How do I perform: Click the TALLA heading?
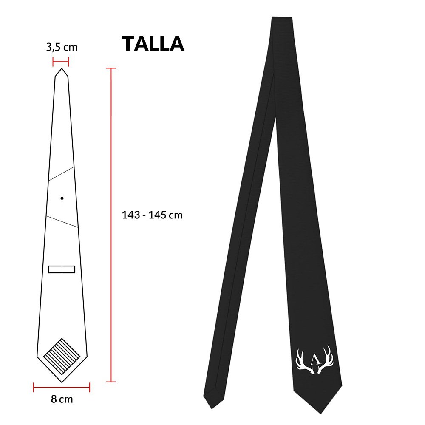[153, 43]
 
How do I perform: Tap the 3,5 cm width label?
[62, 47]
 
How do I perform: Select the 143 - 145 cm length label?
[152, 215]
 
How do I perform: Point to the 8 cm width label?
[62, 399]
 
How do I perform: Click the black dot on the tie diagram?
[62, 198]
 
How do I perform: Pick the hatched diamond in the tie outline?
[62, 356]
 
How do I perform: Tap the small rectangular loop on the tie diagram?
[62, 269]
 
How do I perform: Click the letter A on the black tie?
[315, 360]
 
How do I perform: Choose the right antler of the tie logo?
[326, 360]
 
